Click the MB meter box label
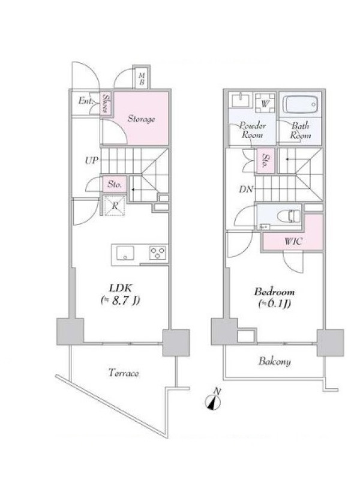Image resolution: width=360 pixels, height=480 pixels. pyautogui.click(x=142, y=79)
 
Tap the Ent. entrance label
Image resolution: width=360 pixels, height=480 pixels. pyautogui.click(x=86, y=100)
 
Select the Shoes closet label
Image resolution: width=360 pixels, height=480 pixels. pyautogui.click(x=107, y=103)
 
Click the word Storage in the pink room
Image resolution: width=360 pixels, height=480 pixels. pyautogui.click(x=141, y=118)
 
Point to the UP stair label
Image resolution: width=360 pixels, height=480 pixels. pyautogui.click(x=92, y=160)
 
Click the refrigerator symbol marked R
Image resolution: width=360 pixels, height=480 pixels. pyautogui.click(x=115, y=205)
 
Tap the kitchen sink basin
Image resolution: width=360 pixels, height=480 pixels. pyautogui.click(x=125, y=253)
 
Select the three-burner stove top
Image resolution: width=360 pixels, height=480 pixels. pyautogui.click(x=158, y=253)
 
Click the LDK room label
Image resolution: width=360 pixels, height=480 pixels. pyautogui.click(x=121, y=288)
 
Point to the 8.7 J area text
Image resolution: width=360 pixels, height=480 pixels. pyautogui.click(x=121, y=301)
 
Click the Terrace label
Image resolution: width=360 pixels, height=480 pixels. pyautogui.click(x=124, y=373)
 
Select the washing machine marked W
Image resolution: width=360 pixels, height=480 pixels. pyautogui.click(x=265, y=103)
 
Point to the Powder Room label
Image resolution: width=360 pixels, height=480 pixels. pyautogui.click(x=253, y=130)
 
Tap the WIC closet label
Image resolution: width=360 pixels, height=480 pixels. pyautogui.click(x=293, y=241)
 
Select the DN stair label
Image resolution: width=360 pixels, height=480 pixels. pyautogui.click(x=247, y=190)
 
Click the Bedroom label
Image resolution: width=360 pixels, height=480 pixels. pyautogui.click(x=274, y=292)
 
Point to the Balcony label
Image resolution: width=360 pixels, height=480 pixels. pyautogui.click(x=275, y=362)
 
